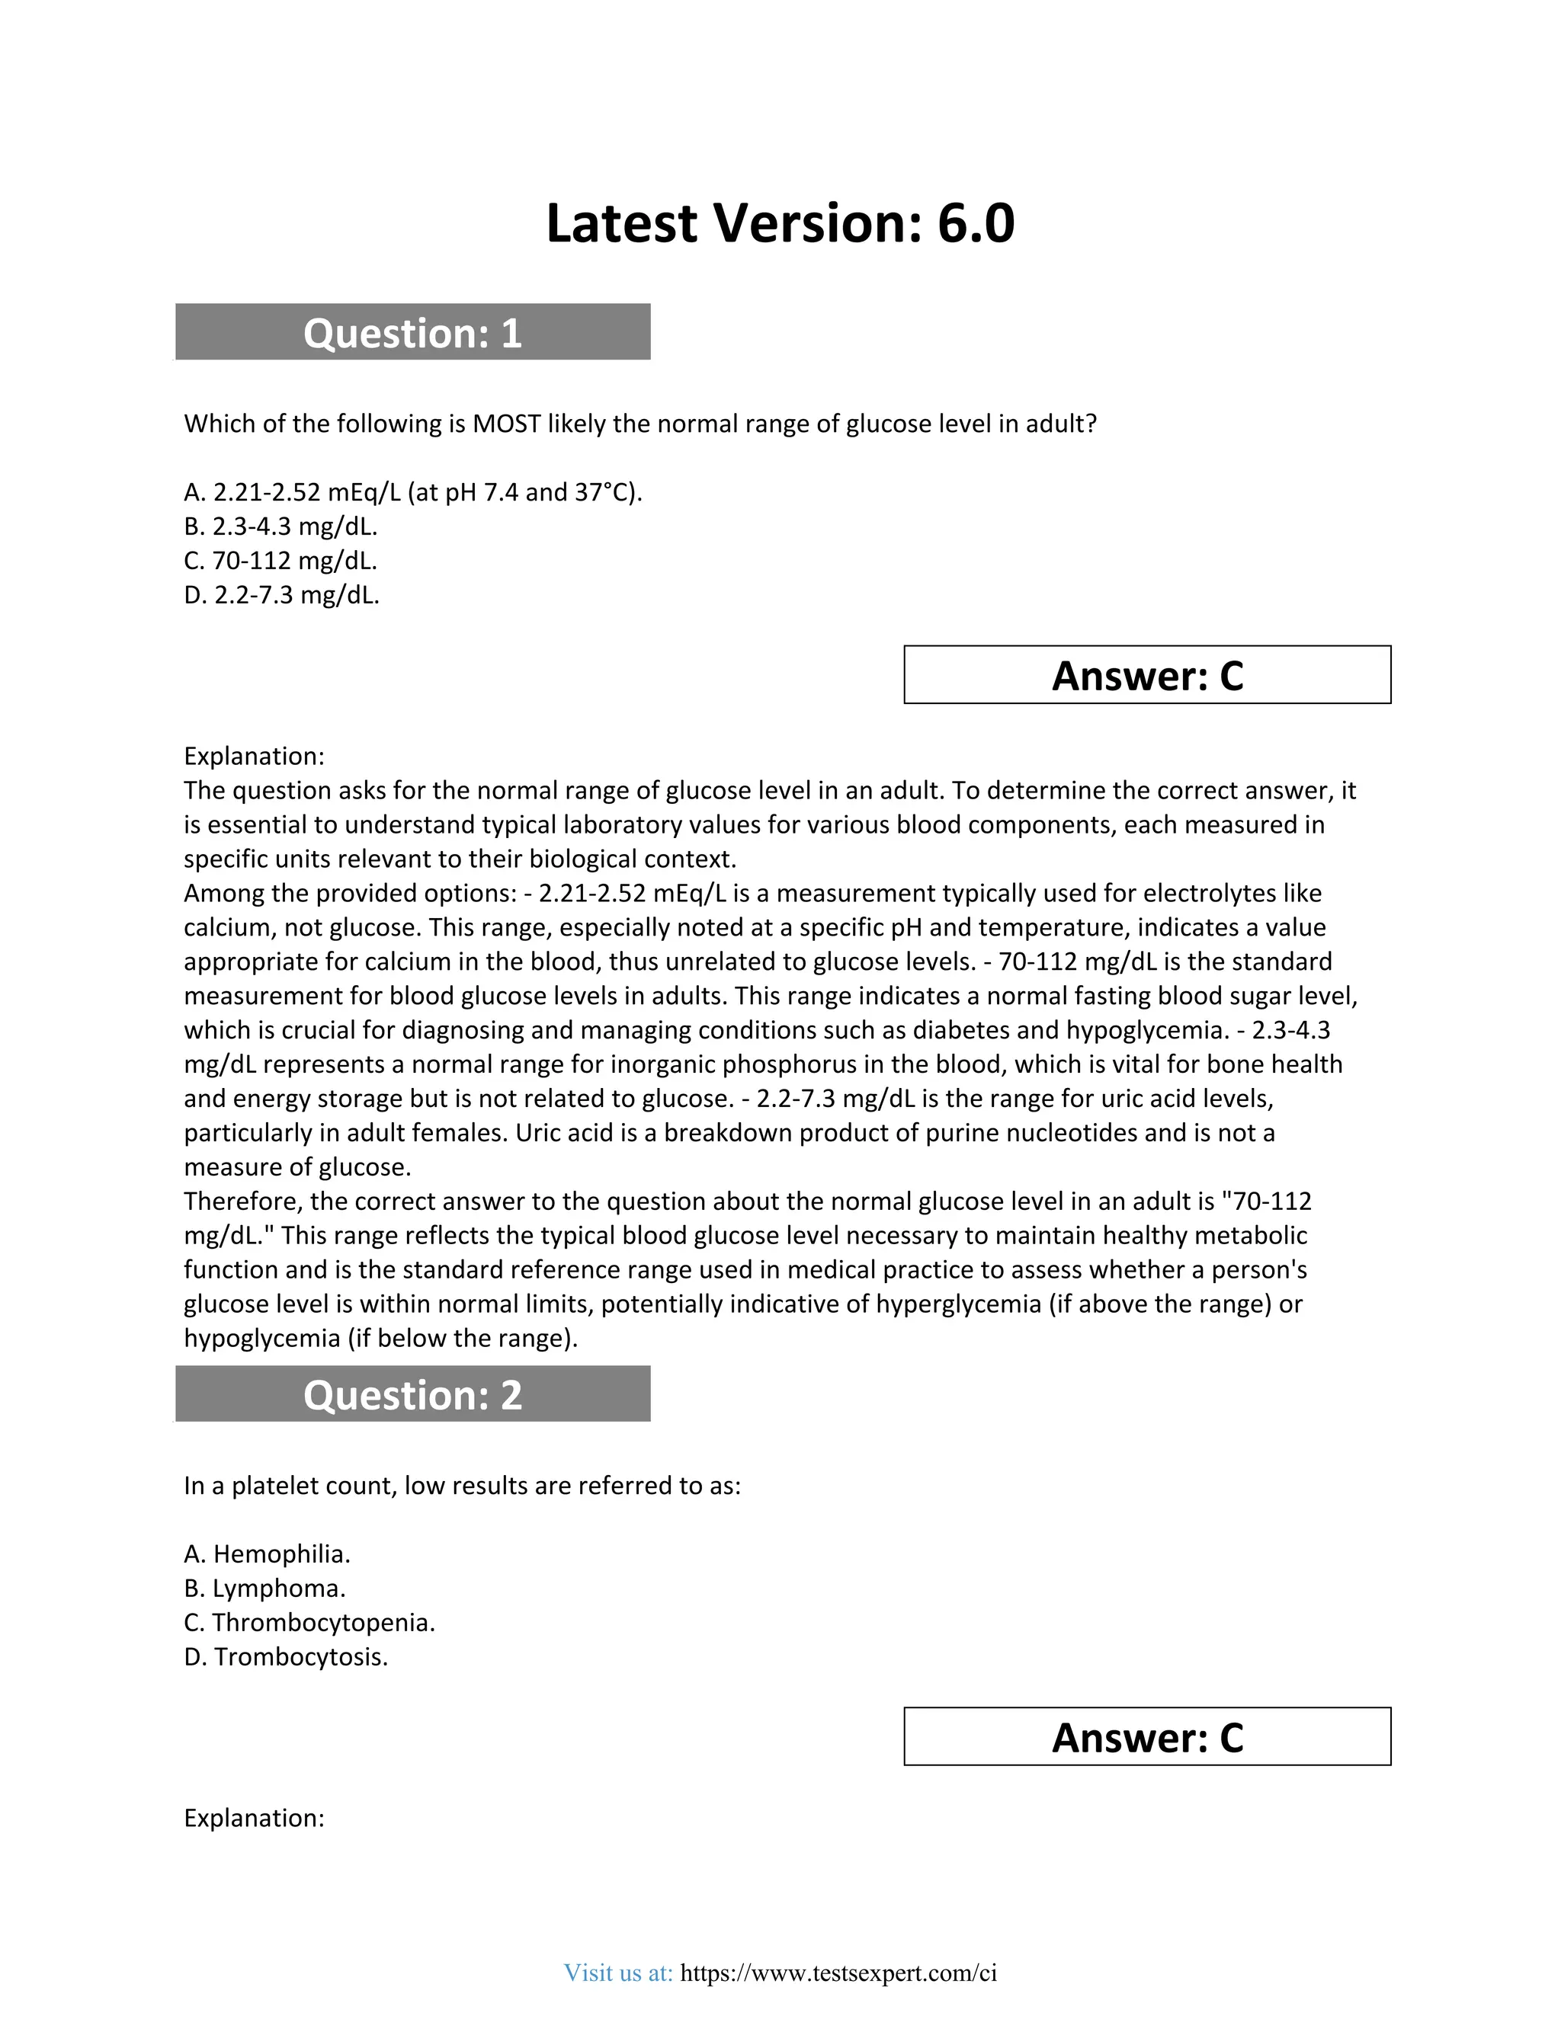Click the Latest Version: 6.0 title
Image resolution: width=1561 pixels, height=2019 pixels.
[780, 224]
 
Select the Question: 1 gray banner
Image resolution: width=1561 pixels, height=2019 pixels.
[412, 333]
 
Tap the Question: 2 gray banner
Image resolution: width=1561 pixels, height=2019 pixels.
[412, 1395]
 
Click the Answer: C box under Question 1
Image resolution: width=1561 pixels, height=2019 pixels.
[1146, 676]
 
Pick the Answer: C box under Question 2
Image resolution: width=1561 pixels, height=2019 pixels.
[1146, 1738]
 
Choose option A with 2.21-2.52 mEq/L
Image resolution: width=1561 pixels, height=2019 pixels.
[412, 493]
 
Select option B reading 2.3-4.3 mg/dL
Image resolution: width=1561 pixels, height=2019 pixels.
[281, 527]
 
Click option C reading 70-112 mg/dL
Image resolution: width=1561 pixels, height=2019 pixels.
[281, 562]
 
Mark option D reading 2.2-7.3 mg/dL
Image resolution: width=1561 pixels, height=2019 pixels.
[282, 595]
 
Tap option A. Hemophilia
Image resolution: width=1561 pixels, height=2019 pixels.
[268, 1555]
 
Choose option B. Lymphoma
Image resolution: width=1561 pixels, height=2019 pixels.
[264, 1589]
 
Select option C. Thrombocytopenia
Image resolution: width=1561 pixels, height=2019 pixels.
[309, 1624]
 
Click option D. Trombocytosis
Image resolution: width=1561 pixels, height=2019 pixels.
[286, 1658]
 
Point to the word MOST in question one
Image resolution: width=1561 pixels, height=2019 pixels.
[506, 424]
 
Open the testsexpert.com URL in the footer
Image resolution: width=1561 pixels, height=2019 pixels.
[838, 1974]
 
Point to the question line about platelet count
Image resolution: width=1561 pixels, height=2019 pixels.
[463, 1486]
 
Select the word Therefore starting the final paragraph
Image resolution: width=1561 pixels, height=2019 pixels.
[242, 1201]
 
